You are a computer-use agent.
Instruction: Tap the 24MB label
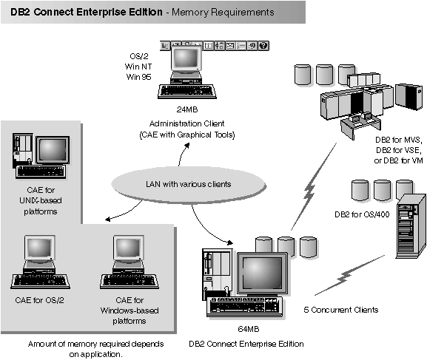(184, 107)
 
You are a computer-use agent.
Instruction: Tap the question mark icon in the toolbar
(263, 46)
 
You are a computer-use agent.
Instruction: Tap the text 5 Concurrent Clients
(341, 309)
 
